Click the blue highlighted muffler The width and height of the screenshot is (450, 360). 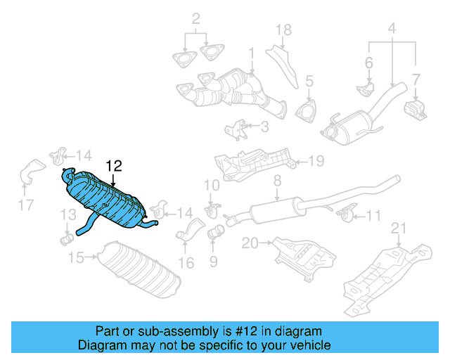(105, 200)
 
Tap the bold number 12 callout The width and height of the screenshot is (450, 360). (114, 166)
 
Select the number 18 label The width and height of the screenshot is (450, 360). (283, 30)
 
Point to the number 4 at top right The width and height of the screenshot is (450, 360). (392, 29)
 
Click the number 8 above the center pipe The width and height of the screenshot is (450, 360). (277, 181)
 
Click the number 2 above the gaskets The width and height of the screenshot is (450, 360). (196, 18)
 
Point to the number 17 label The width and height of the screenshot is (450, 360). (25, 206)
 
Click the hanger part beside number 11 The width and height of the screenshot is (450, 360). (345, 213)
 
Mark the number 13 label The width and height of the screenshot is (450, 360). (67, 214)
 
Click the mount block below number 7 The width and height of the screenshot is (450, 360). (416, 110)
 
